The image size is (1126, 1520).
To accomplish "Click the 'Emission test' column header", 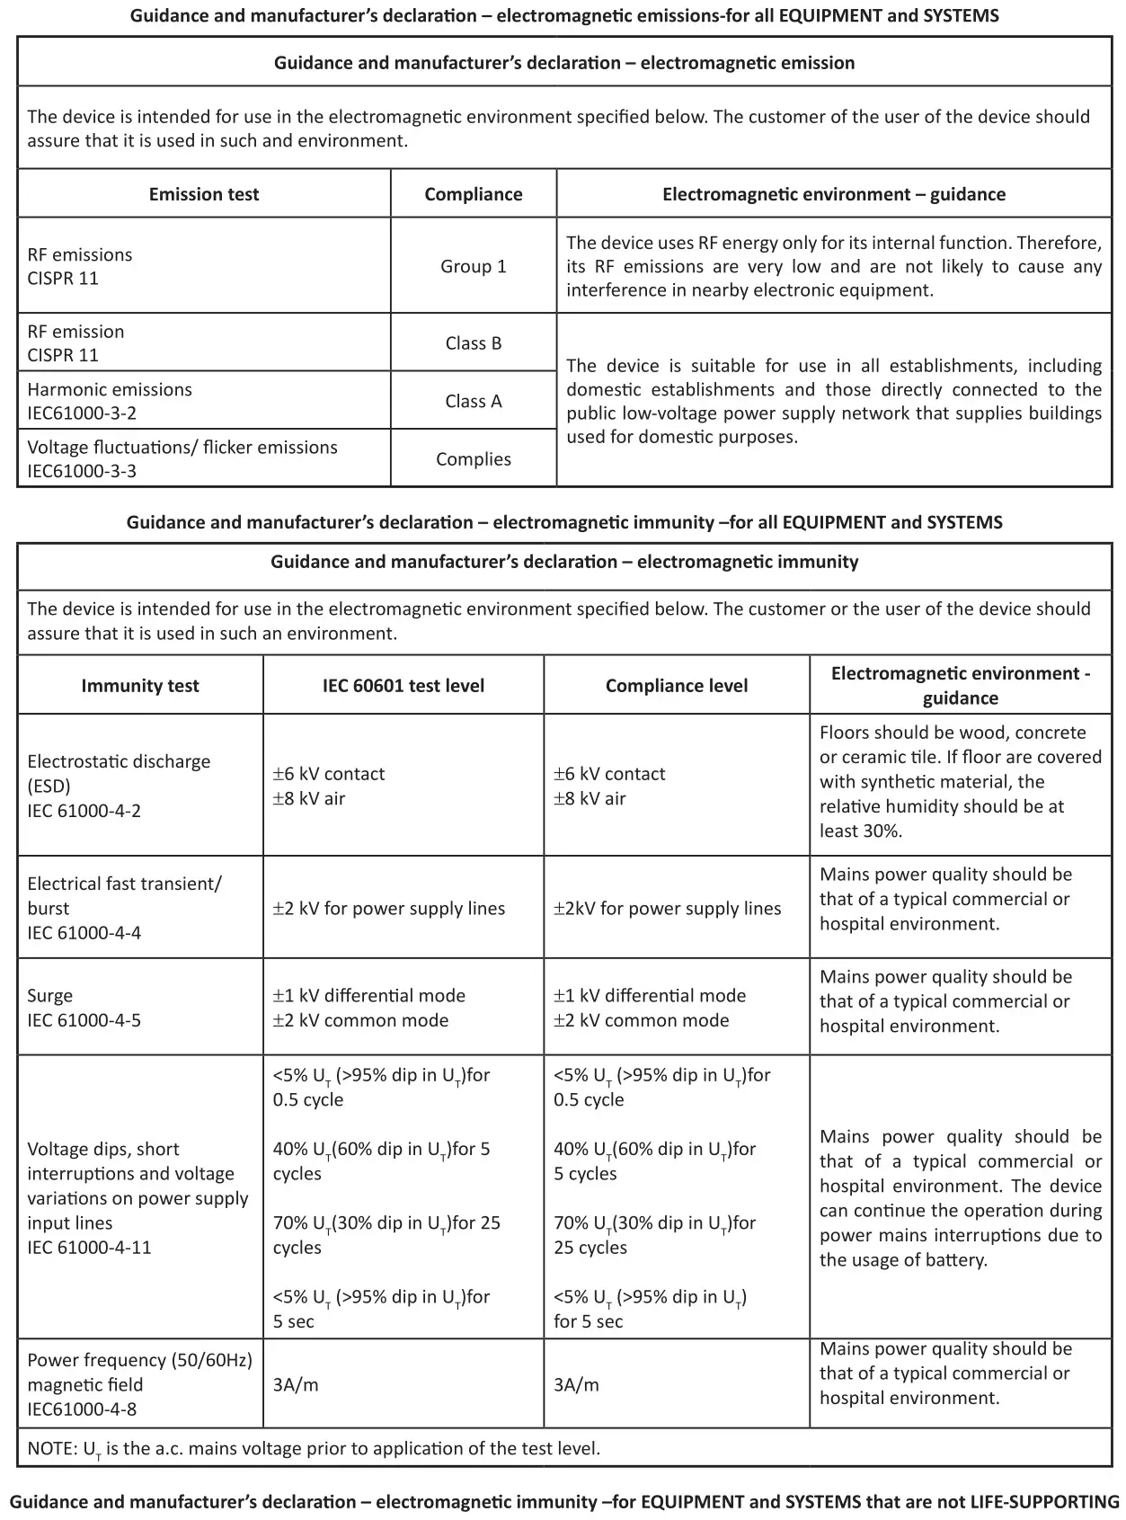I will pyautogui.click(x=204, y=194).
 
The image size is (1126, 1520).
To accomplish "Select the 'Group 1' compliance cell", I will pyautogui.click(x=474, y=266).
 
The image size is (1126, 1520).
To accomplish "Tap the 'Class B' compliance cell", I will pyautogui.click(x=474, y=342).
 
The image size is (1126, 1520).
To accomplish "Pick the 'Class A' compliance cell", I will pyautogui.click(x=474, y=401).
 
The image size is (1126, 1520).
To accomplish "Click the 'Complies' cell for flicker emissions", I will pyautogui.click(x=474, y=458).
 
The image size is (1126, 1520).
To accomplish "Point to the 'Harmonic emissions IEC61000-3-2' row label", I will pyautogui.click(x=110, y=401).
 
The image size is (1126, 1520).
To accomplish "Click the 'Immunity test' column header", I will pyautogui.click(x=140, y=685).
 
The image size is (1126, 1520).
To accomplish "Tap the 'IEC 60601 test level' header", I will pyautogui.click(x=403, y=685).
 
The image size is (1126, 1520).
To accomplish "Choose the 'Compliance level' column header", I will pyautogui.click(x=677, y=685).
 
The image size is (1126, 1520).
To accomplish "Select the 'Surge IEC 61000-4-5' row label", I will pyautogui.click(x=84, y=1008).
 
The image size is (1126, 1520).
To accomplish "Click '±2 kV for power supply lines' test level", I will pyautogui.click(x=389, y=908).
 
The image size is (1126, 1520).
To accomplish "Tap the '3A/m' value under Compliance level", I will pyautogui.click(x=576, y=1384).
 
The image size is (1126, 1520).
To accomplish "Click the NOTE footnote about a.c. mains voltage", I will pyautogui.click(x=314, y=1448).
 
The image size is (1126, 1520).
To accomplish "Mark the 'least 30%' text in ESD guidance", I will pyautogui.click(x=860, y=831).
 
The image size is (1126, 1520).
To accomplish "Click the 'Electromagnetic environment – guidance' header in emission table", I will pyautogui.click(x=834, y=194).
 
